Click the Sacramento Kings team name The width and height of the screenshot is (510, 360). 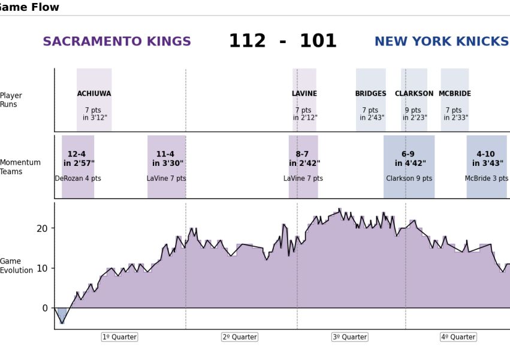click(x=117, y=42)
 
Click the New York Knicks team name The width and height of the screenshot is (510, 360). click(x=441, y=42)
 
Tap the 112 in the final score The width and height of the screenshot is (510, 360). click(x=247, y=41)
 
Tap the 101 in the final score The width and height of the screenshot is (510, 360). click(x=318, y=41)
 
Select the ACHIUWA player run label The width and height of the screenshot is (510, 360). click(x=94, y=94)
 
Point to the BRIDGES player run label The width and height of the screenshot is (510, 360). click(x=370, y=94)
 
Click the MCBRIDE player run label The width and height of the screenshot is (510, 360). click(x=454, y=94)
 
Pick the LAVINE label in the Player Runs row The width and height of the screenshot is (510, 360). click(x=304, y=94)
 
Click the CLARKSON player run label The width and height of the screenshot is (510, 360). click(x=414, y=94)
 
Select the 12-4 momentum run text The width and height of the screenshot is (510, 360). click(x=77, y=155)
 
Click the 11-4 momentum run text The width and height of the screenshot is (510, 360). click(x=165, y=155)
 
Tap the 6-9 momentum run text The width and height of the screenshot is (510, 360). click(x=408, y=155)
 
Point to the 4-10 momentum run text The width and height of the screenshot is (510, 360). click(x=486, y=155)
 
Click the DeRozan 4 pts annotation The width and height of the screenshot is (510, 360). click(x=78, y=179)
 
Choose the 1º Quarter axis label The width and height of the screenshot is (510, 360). click(x=119, y=337)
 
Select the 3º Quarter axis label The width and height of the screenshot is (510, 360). click(x=349, y=337)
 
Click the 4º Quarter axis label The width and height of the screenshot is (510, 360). click(x=458, y=337)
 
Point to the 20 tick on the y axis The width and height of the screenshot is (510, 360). click(x=41, y=228)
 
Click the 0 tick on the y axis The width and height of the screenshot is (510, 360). click(x=45, y=308)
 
